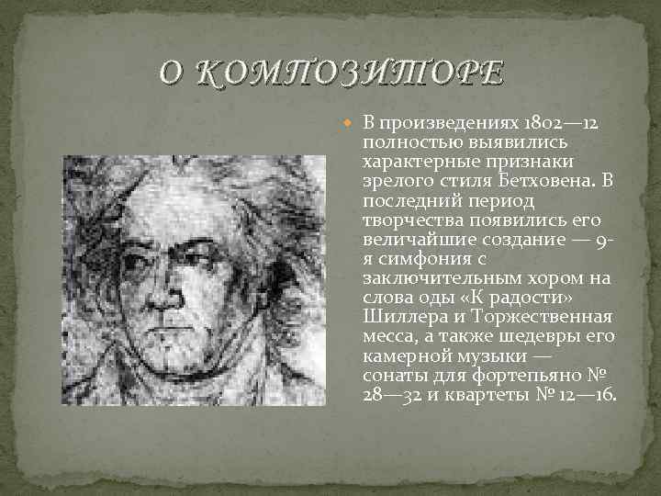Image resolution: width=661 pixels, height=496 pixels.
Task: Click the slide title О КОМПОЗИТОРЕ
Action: (330, 72)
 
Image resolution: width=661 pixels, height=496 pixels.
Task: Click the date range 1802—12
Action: (559, 123)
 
